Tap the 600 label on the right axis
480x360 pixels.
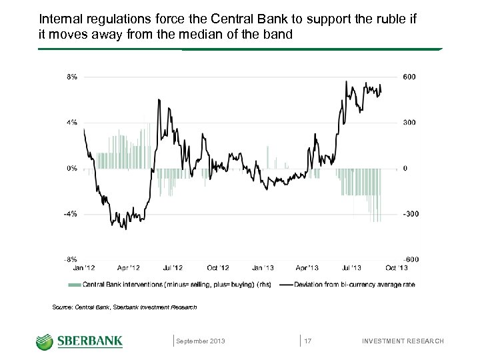(409, 77)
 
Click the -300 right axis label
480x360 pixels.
(410, 214)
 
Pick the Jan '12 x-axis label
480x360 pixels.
(83, 268)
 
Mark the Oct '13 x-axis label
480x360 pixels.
(397, 268)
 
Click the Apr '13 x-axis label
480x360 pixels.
(307, 268)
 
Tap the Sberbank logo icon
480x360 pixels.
(45, 341)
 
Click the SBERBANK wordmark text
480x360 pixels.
(90, 341)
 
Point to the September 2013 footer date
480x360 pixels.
(201, 341)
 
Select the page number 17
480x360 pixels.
(308, 341)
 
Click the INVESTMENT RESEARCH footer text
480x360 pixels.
(402, 341)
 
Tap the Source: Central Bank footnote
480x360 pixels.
(124, 307)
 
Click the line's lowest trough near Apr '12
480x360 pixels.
(125, 229)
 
